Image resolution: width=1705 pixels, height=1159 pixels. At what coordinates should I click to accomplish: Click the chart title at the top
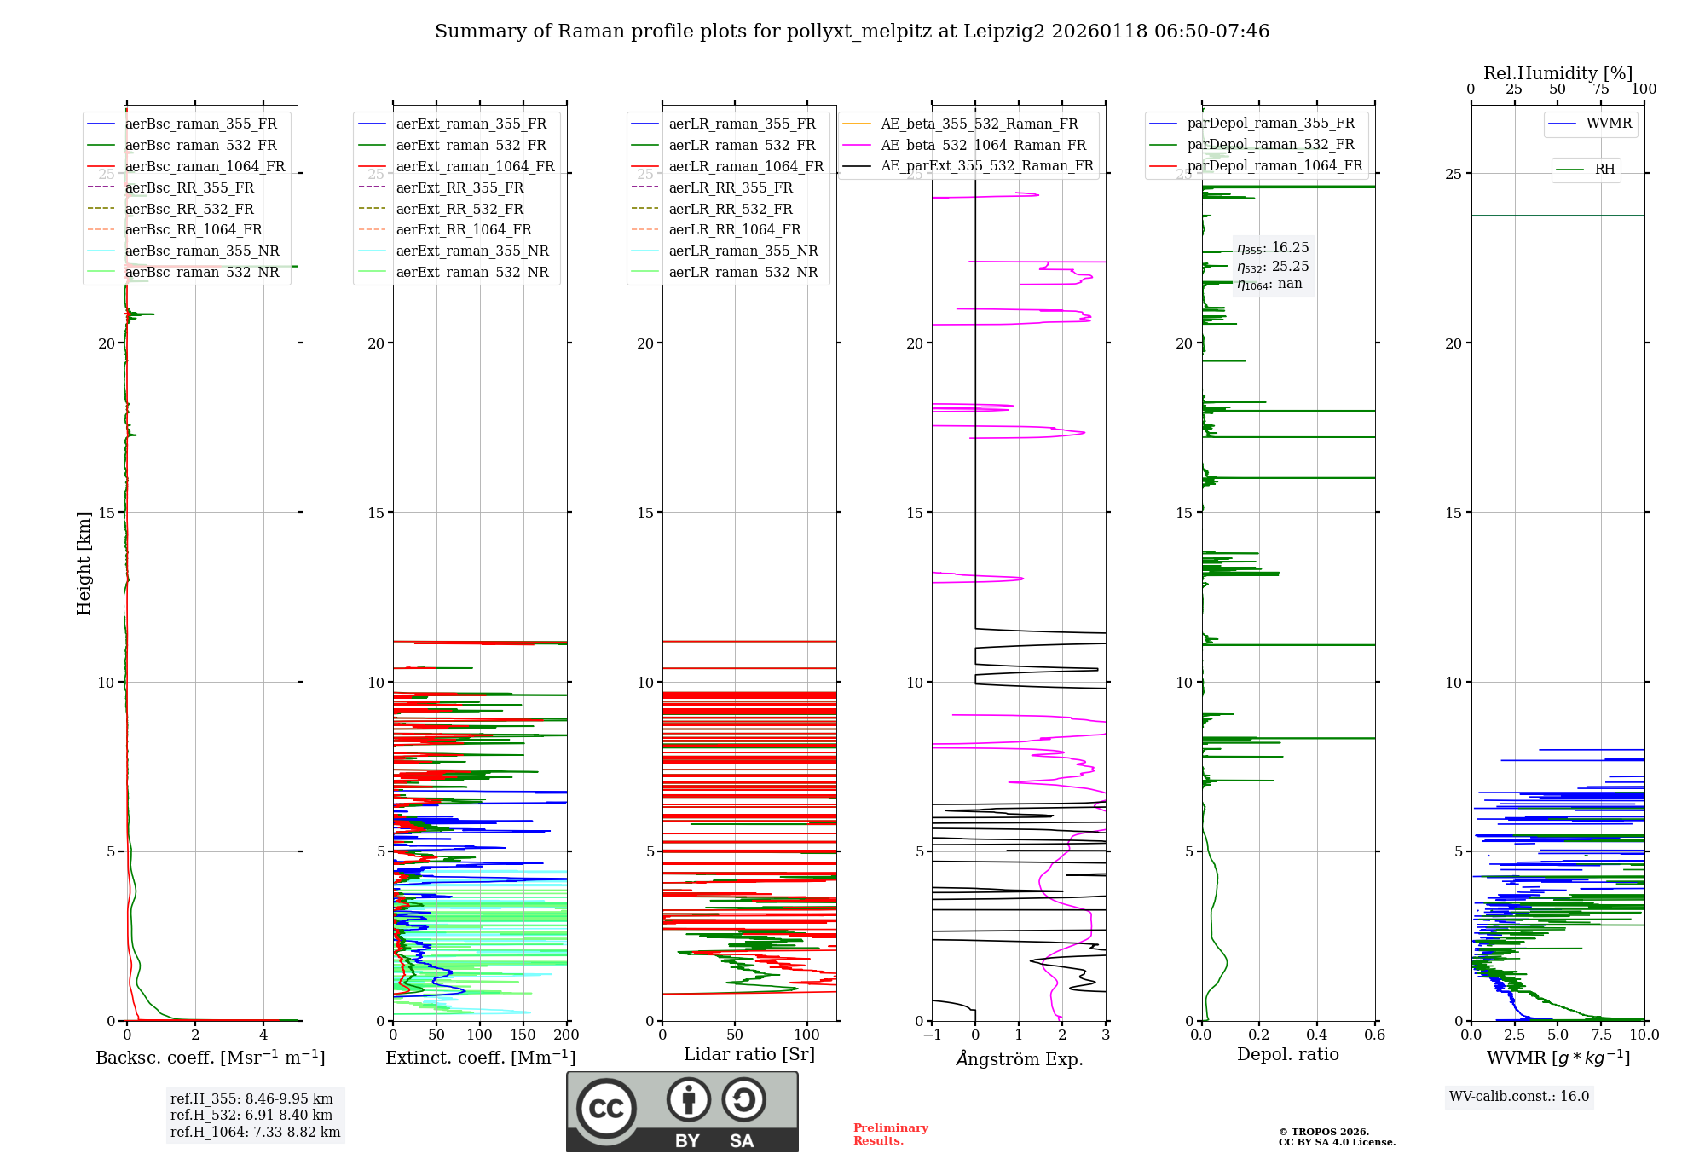coord(852,32)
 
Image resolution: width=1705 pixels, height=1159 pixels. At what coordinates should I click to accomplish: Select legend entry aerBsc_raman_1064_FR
coord(205,167)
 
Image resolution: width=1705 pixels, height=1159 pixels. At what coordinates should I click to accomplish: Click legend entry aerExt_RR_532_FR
coord(459,209)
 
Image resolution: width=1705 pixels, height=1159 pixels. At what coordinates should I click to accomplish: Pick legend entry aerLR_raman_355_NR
coord(743,251)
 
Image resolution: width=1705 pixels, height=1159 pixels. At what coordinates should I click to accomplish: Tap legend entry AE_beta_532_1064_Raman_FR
coord(983,145)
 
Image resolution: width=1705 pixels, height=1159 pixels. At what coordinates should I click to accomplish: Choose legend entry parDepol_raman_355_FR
coord(1270,124)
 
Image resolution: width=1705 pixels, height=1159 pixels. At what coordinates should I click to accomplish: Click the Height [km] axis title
coord(84,563)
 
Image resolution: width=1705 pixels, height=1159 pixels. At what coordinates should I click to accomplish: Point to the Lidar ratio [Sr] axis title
coord(749,1054)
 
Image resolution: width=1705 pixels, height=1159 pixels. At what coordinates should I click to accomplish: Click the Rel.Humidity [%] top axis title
coord(1558,73)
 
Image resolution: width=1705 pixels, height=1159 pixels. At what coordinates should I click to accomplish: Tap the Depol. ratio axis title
coord(1287,1054)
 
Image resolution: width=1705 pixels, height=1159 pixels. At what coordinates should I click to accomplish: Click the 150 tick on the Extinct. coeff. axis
coord(523,1035)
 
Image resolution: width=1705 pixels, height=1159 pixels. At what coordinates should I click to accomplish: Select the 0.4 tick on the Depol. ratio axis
coord(1316,1035)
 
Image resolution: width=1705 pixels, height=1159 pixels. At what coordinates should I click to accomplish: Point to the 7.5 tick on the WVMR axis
coord(1601,1035)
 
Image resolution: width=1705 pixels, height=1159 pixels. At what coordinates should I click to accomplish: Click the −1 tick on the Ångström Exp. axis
coord(932,1035)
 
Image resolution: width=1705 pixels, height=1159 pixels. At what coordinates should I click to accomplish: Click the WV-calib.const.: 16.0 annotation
coord(1519,1096)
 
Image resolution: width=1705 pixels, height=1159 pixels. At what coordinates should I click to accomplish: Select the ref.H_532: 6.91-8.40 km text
coord(251,1115)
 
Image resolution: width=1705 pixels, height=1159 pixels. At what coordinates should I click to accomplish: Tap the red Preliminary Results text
coord(890,1134)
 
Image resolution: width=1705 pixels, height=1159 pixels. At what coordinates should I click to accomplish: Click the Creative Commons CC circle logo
coord(606,1109)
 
